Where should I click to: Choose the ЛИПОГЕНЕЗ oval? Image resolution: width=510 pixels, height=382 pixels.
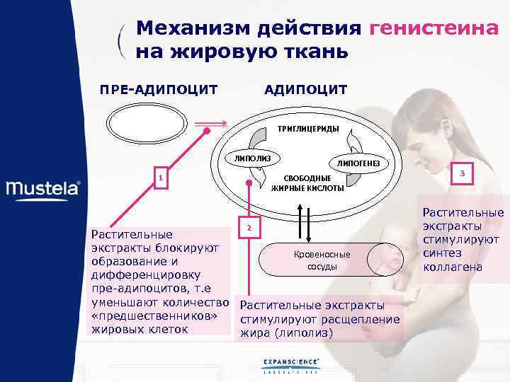coord(358,163)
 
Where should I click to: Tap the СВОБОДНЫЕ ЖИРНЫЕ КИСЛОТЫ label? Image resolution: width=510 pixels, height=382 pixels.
coord(307,183)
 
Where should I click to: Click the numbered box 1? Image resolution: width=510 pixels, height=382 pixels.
coord(161,179)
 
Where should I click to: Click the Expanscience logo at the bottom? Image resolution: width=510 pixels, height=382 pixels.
coord(290,365)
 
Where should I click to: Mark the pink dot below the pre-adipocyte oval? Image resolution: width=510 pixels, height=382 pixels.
coord(206,131)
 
